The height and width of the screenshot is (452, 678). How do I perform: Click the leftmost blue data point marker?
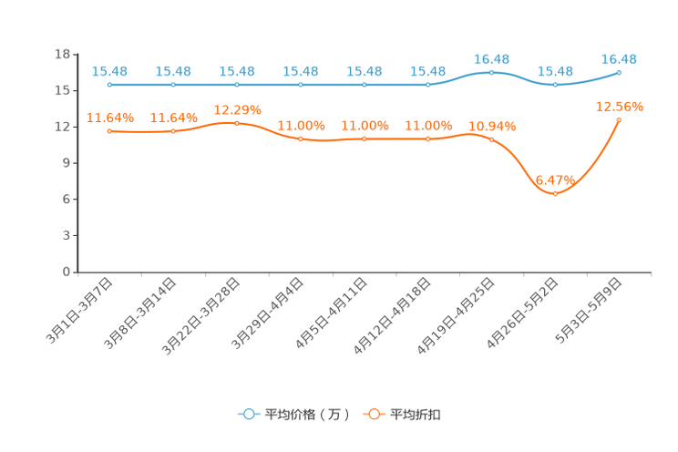tap(109, 85)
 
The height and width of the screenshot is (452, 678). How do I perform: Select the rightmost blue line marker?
tap(620, 72)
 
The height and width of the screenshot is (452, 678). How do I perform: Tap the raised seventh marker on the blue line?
tap(492, 72)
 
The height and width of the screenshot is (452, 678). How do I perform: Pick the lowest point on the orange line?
tap(556, 193)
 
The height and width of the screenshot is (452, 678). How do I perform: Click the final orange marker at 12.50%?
tap(620, 120)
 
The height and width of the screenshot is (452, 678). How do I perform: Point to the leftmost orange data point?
tap(109, 131)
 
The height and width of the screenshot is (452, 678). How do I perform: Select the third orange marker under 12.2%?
tap(237, 123)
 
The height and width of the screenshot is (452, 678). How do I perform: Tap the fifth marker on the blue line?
tap(365, 85)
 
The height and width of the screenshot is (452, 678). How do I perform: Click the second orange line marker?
tap(173, 131)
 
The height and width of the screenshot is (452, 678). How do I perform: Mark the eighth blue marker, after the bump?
tap(556, 85)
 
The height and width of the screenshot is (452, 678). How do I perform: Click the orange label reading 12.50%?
tap(620, 107)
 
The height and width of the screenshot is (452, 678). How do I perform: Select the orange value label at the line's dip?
tap(555, 179)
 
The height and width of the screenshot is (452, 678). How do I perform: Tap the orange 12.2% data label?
tap(237, 109)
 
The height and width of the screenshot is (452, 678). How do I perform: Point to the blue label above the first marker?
tap(109, 70)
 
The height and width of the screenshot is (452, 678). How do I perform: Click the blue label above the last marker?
tap(620, 58)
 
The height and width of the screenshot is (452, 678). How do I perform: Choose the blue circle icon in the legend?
tap(249, 414)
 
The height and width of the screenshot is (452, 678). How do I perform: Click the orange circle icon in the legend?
tap(375, 414)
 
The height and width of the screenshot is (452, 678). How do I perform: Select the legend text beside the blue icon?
tap(306, 415)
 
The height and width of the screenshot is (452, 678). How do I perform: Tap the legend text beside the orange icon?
tap(417, 415)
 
